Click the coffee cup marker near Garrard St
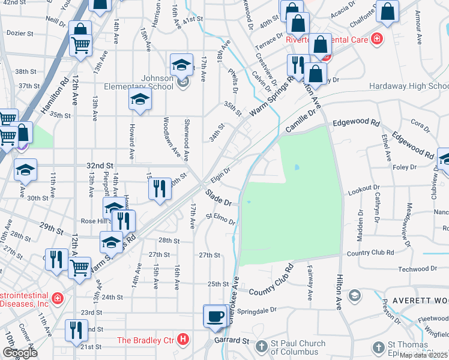pyautogui.click(x=215, y=316)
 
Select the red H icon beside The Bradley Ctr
pyautogui.click(x=184, y=340)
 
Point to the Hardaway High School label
pyautogui.click(x=408, y=86)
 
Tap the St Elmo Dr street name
pyautogui.click(x=220, y=219)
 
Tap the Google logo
pyautogui.click(x=20, y=353)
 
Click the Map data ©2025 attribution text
pyautogui.click(x=423, y=355)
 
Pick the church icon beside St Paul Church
pyautogui.click(x=261, y=346)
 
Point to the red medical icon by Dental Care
pyautogui.click(x=376, y=40)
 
